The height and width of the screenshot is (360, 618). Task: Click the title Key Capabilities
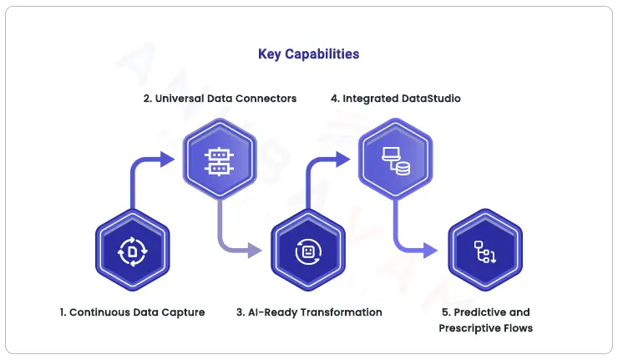click(308, 54)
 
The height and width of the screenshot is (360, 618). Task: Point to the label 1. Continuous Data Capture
click(132, 312)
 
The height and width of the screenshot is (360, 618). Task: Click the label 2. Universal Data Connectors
click(220, 99)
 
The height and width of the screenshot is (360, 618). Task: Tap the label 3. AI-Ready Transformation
click(308, 312)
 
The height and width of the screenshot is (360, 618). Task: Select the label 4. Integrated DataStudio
click(395, 99)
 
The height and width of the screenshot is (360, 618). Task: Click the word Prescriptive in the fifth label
click(469, 328)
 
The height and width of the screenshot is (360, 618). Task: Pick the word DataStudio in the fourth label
click(433, 99)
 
